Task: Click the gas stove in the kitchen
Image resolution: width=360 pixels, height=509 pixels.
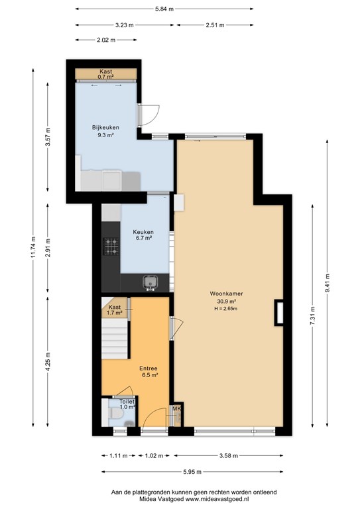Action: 111,247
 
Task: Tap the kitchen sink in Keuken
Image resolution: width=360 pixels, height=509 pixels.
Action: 151,283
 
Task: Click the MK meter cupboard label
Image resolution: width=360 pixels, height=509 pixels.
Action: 176,410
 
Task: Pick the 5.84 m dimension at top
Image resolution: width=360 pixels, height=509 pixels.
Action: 164,9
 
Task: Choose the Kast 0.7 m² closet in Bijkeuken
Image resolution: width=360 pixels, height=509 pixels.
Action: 106,74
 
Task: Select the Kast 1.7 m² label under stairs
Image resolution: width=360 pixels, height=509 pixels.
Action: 115,310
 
